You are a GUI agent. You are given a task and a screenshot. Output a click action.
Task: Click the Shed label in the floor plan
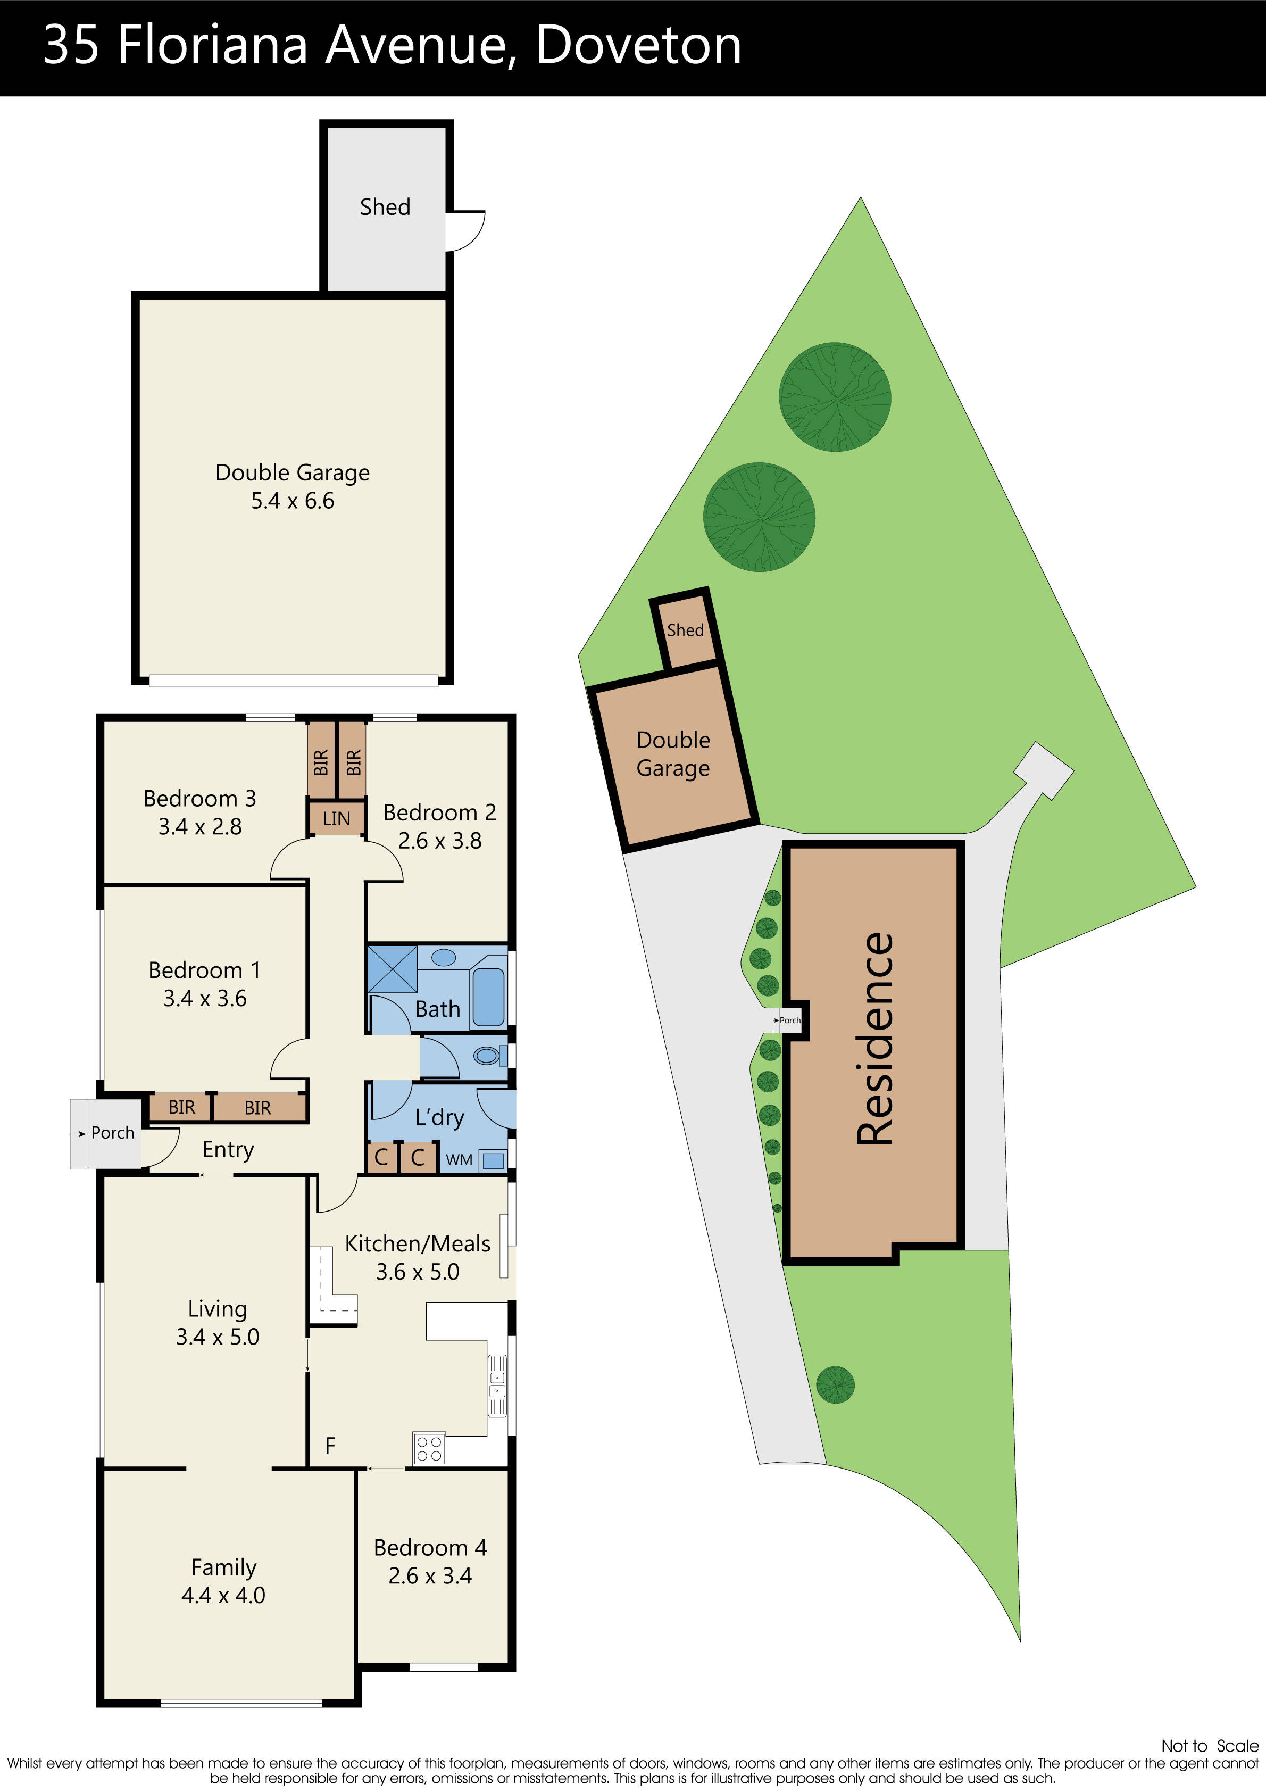[x=385, y=207]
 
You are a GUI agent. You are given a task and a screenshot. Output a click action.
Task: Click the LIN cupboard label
[x=336, y=819]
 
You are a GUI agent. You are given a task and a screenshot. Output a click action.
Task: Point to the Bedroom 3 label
[x=200, y=799]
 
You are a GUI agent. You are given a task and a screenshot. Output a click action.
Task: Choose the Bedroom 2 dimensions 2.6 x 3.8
[x=439, y=841]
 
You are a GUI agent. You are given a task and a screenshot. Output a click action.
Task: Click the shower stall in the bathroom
[x=392, y=968]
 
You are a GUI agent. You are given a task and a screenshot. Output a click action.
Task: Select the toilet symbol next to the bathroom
[x=487, y=1056]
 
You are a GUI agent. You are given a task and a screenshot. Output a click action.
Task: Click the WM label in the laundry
[x=459, y=1160]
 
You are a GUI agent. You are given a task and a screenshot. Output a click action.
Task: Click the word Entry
[x=228, y=1150]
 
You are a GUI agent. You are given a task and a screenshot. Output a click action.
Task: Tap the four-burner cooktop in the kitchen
[x=429, y=1449]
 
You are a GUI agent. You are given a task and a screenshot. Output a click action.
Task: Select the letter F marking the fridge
[x=330, y=1446]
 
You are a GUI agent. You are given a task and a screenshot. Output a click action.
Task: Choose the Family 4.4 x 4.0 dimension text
[x=223, y=1595]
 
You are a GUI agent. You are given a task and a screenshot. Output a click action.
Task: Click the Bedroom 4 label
[x=430, y=1548]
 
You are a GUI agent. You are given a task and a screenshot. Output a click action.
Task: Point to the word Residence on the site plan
[x=875, y=1038]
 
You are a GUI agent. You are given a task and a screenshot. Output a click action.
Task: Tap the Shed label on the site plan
[x=685, y=630]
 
